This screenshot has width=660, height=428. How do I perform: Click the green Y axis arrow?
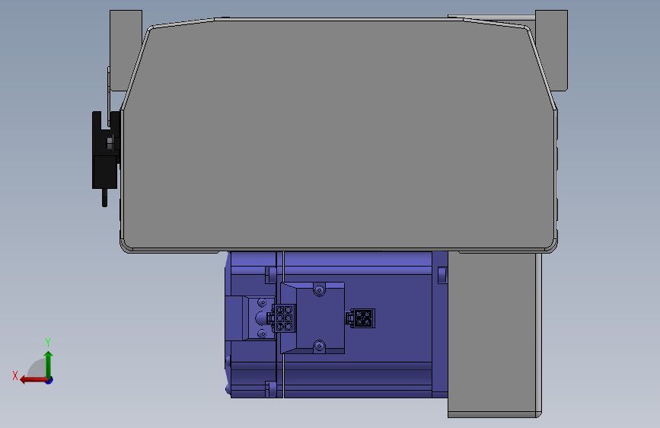click(x=48, y=361)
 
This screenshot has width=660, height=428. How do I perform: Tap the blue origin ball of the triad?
click(x=49, y=379)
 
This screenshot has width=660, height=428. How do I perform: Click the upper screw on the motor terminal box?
click(x=319, y=290)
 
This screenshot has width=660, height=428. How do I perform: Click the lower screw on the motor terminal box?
click(x=319, y=347)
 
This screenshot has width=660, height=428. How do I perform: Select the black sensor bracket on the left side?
click(x=104, y=151)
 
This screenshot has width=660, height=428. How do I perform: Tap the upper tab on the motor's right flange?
click(x=442, y=274)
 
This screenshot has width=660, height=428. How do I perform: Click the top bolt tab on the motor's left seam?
click(x=270, y=273)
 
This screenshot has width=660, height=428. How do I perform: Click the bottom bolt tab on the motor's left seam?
click(x=270, y=390)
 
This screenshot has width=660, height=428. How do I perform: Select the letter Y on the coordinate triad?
click(x=48, y=342)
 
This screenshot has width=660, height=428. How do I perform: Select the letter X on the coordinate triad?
click(x=15, y=375)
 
